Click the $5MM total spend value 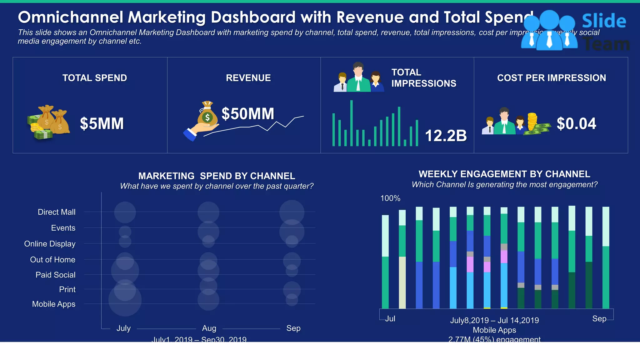(102, 123)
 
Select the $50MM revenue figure (247, 113)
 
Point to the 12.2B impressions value (446, 136)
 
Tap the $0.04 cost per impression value (576, 123)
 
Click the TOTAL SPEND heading (95, 78)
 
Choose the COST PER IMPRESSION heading (551, 78)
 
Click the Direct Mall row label (57, 212)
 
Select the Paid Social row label (55, 275)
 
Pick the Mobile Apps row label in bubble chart (54, 304)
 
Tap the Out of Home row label (52, 260)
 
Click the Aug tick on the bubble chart (209, 328)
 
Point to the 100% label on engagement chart (390, 198)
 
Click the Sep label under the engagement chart (599, 319)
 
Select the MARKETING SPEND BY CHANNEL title (217, 176)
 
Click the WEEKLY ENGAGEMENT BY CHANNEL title (504, 174)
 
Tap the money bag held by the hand (207, 115)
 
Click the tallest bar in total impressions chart (352, 123)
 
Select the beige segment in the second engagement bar (402, 282)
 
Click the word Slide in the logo (604, 21)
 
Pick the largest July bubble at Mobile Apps (125, 300)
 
